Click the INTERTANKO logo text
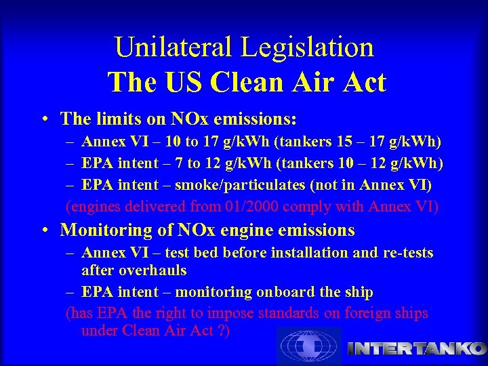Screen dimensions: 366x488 [x=416, y=349]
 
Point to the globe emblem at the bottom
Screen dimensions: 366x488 [x=309, y=346]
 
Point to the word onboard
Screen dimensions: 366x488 [x=285, y=292]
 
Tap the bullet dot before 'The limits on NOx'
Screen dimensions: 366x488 [x=43, y=119]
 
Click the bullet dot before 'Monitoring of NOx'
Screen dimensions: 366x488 [x=43, y=230]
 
